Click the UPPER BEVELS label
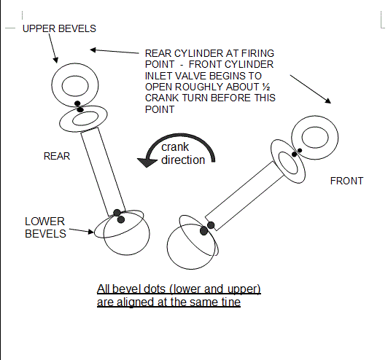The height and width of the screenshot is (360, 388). (x=59, y=28)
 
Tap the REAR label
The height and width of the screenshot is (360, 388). (x=57, y=156)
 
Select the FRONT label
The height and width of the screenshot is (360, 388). (x=346, y=181)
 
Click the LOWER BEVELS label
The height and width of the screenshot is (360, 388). (x=45, y=227)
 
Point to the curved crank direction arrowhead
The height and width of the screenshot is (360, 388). (x=147, y=163)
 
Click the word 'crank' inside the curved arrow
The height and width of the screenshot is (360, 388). (x=175, y=147)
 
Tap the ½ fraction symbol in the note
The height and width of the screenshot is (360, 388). (x=266, y=87)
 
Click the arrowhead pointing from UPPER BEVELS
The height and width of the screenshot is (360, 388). (x=55, y=60)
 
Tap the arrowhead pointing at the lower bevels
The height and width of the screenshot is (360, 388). (x=90, y=232)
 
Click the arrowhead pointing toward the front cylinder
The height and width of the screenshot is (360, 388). (x=328, y=101)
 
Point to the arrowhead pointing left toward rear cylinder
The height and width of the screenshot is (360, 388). (x=93, y=50)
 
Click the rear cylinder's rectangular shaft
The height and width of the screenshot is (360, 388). (x=103, y=172)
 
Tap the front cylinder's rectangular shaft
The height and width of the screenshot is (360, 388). (x=245, y=196)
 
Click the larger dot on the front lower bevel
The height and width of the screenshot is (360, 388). (x=204, y=231)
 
